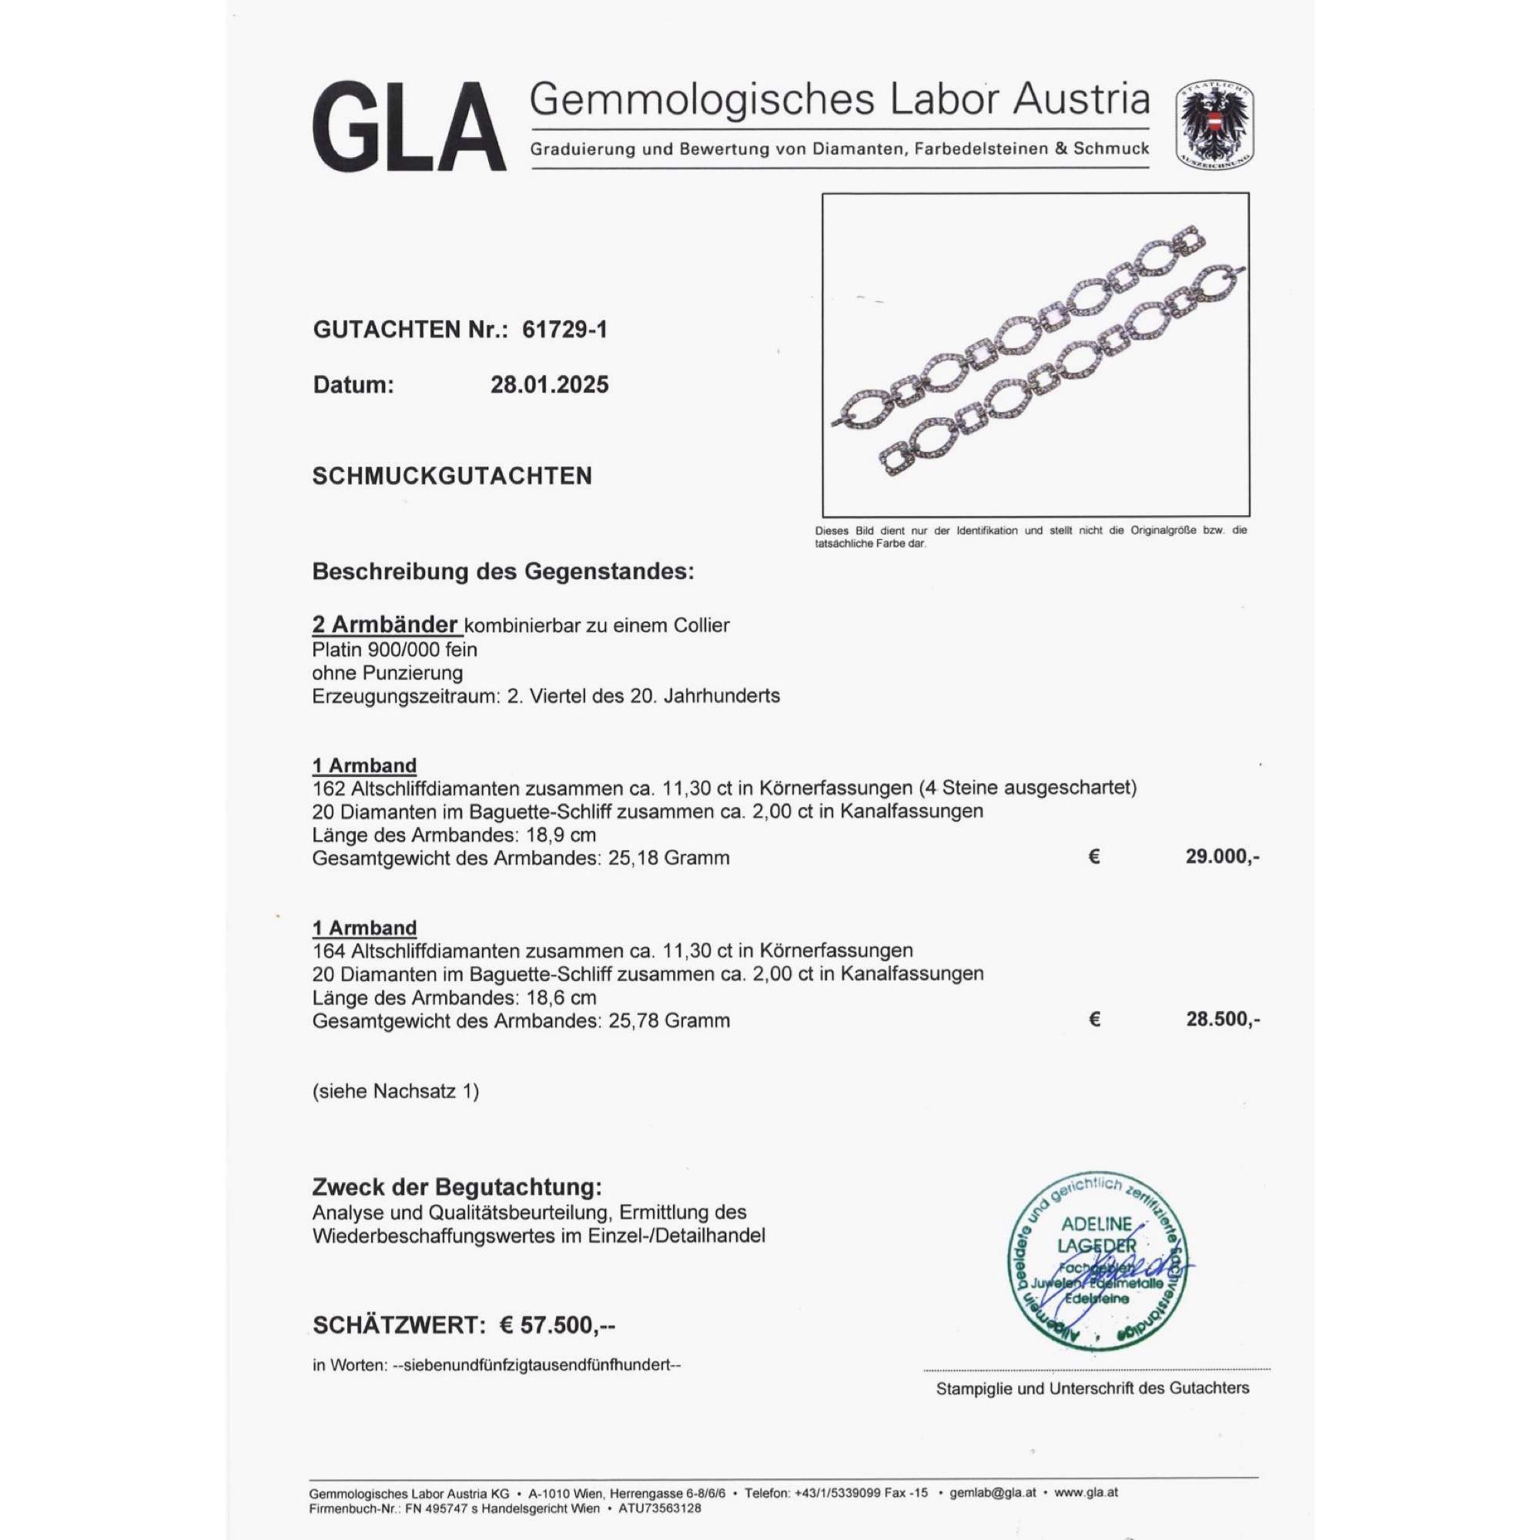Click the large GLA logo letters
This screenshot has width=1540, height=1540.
(408, 128)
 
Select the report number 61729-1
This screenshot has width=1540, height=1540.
(564, 330)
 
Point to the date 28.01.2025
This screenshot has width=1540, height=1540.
(549, 385)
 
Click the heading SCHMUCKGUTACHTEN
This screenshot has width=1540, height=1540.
(452, 476)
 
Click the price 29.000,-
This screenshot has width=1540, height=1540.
(1222, 857)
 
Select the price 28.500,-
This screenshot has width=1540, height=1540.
(1222, 1019)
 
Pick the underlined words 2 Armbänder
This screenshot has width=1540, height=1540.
(386, 624)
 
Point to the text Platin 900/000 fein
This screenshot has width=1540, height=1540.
(394, 649)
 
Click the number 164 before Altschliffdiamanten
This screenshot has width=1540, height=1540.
(329, 950)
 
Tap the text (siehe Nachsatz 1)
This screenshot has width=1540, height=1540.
(395, 1090)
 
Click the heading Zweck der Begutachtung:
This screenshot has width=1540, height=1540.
(457, 1187)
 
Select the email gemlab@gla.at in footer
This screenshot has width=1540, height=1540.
(993, 1492)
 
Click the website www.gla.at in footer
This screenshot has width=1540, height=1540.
(1086, 1492)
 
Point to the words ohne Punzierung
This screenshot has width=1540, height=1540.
(387, 672)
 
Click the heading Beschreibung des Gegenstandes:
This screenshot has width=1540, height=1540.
(503, 571)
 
